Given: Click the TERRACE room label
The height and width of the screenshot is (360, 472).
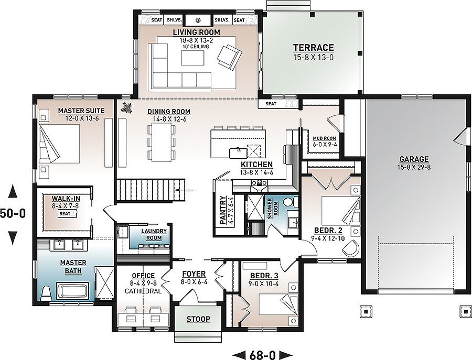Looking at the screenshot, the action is [x=314, y=48].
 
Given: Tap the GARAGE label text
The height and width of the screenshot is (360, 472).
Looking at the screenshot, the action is [x=414, y=159].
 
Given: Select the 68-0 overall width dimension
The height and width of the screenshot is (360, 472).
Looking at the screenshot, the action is [x=263, y=355].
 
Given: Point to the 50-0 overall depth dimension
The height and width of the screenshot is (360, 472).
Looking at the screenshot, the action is [x=13, y=213].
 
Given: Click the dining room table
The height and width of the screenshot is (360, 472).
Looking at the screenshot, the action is [x=162, y=143].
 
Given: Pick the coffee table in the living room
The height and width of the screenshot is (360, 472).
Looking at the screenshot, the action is [x=192, y=58].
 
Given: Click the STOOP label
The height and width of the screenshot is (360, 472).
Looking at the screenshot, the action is [x=198, y=319].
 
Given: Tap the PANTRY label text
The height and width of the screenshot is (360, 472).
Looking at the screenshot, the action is [x=223, y=210].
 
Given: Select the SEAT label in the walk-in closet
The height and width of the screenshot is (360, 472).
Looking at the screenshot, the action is [x=65, y=213].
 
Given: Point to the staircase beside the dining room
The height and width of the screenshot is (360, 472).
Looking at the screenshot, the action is [x=150, y=190].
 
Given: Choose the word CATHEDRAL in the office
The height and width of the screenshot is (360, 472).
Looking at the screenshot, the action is [x=143, y=291].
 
